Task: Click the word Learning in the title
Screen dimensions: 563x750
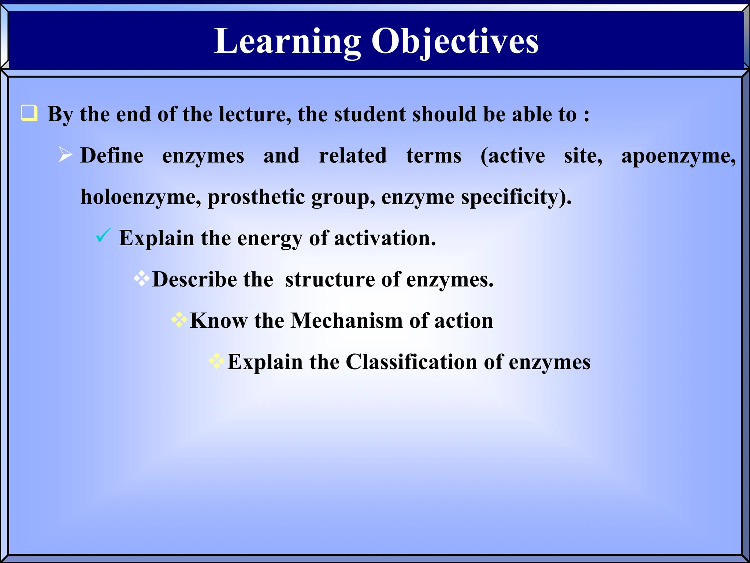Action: coord(287,41)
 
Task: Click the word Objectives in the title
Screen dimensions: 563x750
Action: coord(455,41)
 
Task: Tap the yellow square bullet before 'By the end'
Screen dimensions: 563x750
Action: coord(29,113)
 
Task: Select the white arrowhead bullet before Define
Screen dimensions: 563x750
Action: coord(66,155)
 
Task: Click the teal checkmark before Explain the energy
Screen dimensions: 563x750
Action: coord(103,235)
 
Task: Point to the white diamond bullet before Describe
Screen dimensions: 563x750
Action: coord(142,279)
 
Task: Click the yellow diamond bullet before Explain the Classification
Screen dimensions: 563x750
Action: coord(217,361)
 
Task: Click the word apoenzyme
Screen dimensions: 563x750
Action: coord(678,156)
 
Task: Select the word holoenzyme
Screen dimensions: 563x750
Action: coord(141,197)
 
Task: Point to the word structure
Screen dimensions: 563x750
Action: coord(330,280)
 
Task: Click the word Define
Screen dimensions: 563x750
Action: coord(112,155)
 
